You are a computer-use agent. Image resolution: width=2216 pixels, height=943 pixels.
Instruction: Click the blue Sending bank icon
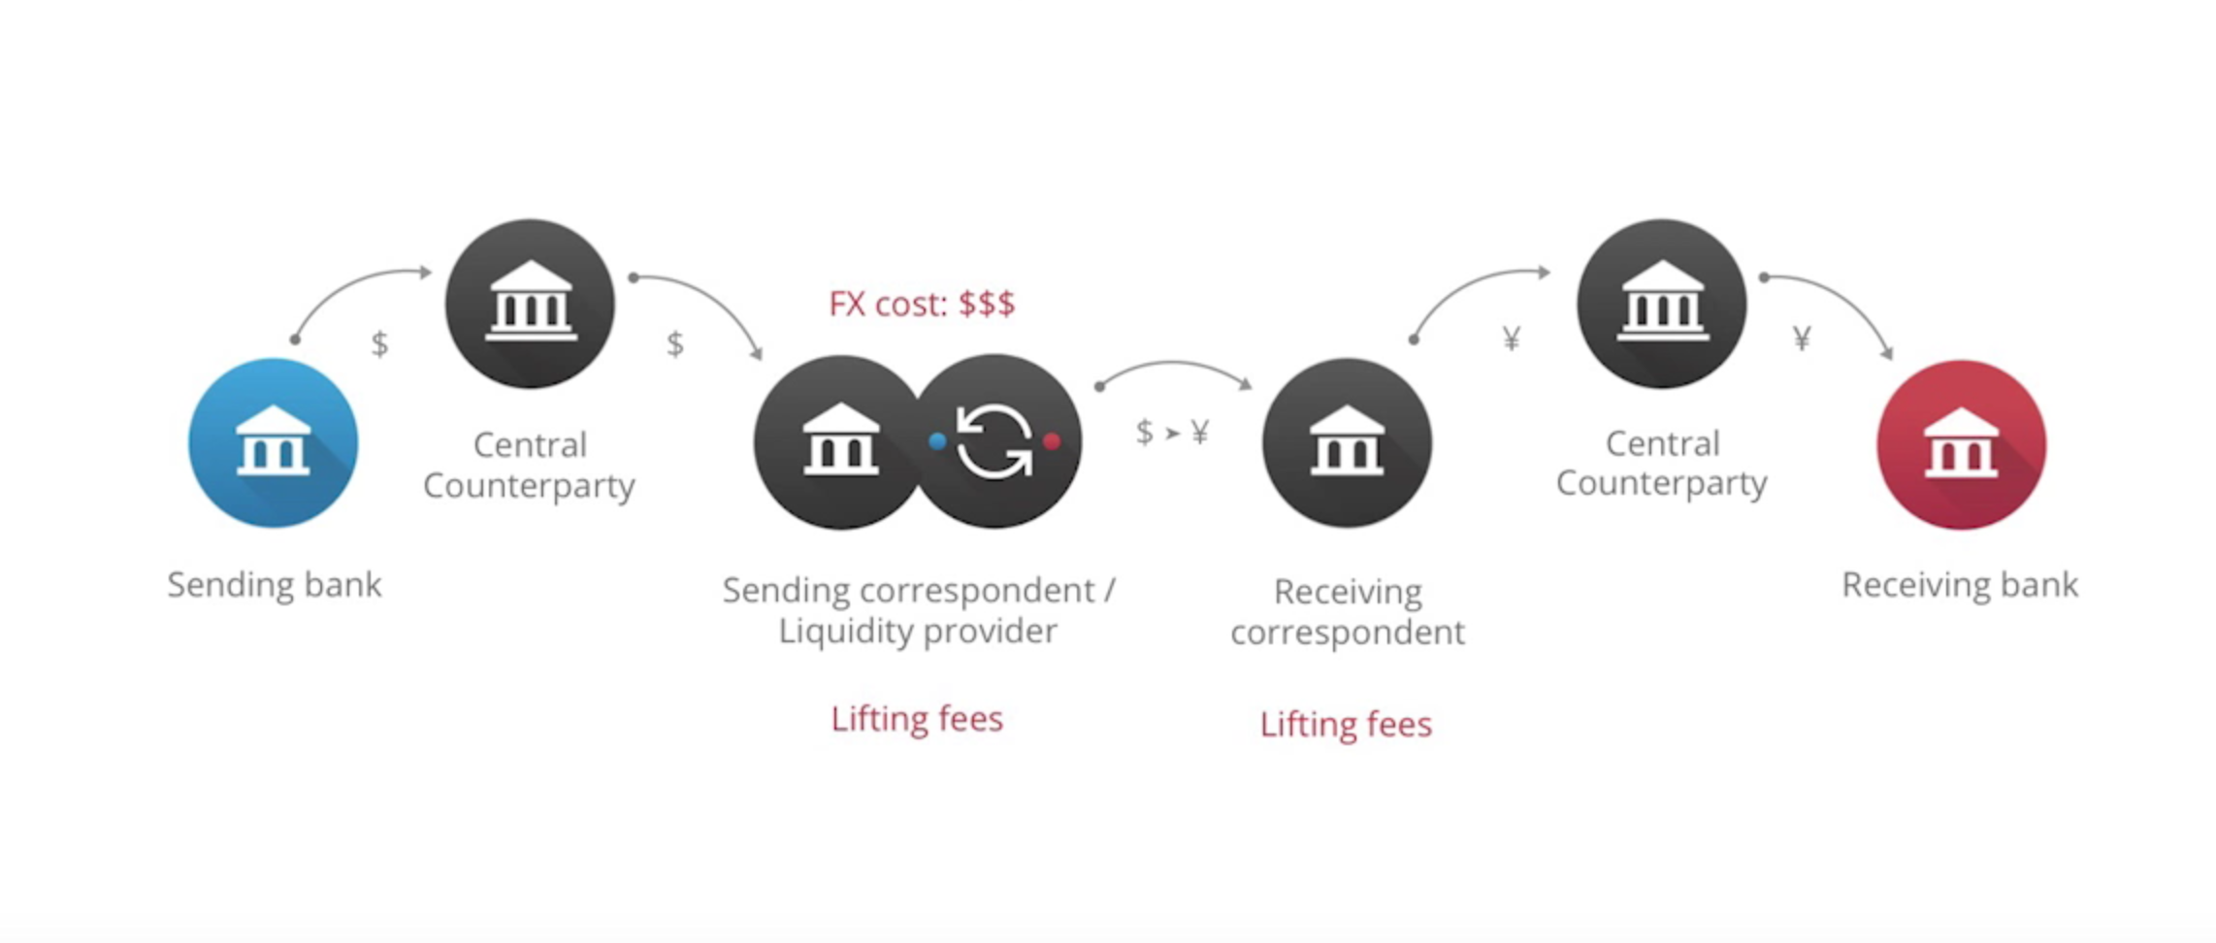coord(273,443)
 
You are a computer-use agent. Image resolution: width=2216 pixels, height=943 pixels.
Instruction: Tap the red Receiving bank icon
coord(1961,444)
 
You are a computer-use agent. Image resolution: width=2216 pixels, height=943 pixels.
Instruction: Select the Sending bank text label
coord(275,585)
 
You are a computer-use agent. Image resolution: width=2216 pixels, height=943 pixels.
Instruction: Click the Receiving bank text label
coord(1960,585)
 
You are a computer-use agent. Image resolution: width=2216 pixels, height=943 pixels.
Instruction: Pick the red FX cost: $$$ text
coord(922,304)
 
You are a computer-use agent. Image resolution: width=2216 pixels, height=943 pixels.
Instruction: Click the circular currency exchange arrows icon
coord(994,441)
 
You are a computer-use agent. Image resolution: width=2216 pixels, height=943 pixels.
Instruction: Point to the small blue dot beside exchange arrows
coord(937,441)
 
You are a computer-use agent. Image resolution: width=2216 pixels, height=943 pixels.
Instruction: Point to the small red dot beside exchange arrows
coord(1052,441)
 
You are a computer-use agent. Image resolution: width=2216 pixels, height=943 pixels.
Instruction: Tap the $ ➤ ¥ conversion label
coord(1172,432)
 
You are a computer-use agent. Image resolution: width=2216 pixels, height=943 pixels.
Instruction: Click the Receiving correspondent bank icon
coord(1347,443)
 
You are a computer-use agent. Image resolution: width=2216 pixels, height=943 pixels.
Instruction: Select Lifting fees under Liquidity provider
coord(917,719)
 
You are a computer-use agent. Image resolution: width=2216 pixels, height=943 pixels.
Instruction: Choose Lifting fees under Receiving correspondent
coord(1346,725)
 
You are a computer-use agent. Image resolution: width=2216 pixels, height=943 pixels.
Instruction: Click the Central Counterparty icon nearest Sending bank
coord(530,304)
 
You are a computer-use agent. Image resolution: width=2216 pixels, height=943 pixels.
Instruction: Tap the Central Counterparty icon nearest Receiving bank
coord(1662,304)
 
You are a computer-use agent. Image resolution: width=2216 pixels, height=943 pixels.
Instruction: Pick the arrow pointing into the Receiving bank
coord(1840,295)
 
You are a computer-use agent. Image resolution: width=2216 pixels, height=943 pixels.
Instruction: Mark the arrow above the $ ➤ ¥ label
coord(1174,365)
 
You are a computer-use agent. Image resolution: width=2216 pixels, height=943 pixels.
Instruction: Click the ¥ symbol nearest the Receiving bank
coord(1802,339)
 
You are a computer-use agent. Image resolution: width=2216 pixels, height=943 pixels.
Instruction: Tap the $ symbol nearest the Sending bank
coord(379,343)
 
